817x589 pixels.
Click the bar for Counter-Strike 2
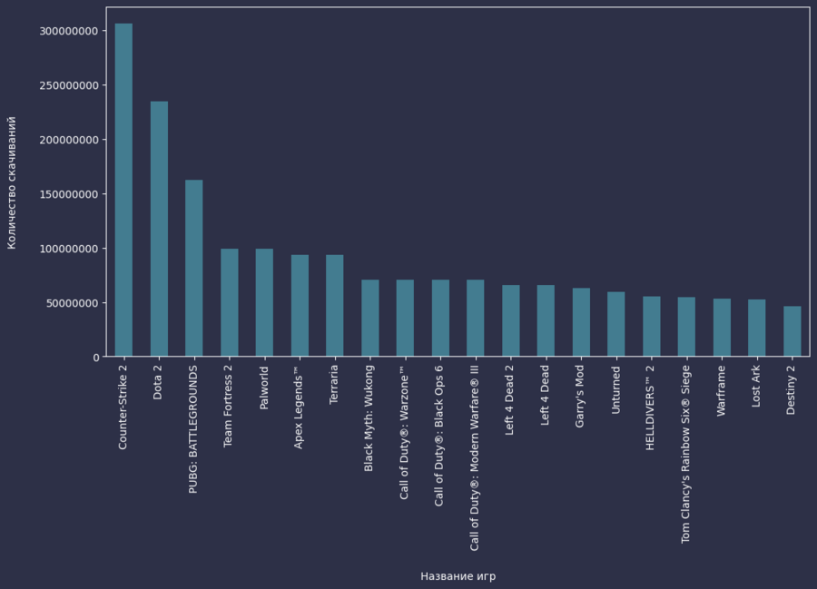(x=123, y=190)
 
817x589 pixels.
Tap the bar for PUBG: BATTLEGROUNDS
(x=194, y=268)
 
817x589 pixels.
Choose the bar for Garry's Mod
(x=581, y=322)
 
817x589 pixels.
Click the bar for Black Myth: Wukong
(x=370, y=318)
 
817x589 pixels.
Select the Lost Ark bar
(x=757, y=328)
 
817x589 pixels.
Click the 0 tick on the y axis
(x=95, y=358)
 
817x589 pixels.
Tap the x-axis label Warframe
(x=722, y=392)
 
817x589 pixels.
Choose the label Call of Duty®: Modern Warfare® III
(x=475, y=458)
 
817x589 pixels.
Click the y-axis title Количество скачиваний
(x=12, y=182)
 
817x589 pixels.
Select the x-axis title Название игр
(x=458, y=576)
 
